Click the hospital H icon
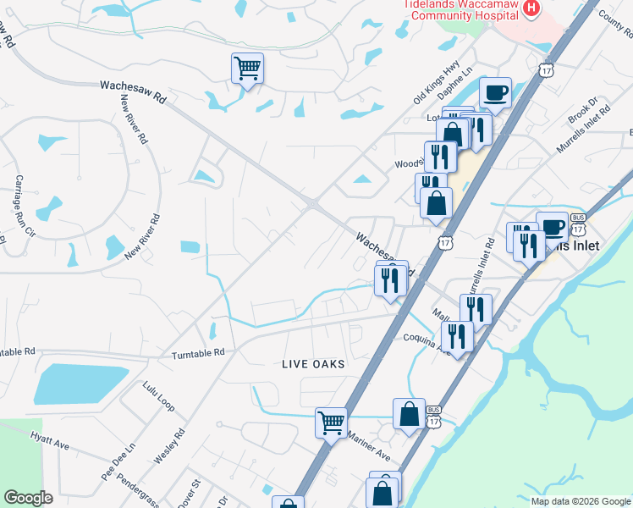tap(531, 8)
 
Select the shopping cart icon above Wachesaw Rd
tap(247, 68)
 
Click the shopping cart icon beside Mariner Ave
tap(331, 422)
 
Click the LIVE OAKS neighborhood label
tap(313, 363)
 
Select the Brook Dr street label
tap(583, 110)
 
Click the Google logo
tap(28, 498)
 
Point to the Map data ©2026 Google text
tap(581, 501)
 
